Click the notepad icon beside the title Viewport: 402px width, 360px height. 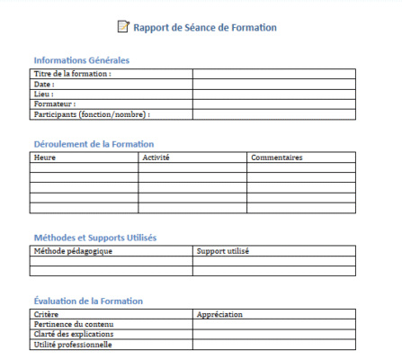[123, 27]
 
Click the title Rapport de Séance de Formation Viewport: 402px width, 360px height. [205, 28]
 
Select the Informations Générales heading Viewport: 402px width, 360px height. [82, 60]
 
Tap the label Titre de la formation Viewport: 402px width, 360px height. [72, 74]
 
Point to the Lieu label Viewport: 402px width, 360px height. [43, 94]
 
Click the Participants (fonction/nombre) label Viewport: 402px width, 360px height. [91, 114]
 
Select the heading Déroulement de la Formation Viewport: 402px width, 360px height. [94, 144]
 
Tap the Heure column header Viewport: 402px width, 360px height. [44, 157]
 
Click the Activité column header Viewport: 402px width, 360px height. [156, 157]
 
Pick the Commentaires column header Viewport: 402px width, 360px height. [276, 157]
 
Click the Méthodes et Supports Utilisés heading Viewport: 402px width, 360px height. [94, 238]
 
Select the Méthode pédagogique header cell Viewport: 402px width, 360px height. [73, 251]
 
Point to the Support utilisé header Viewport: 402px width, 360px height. [223, 251]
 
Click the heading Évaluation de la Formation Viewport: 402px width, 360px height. [88, 301]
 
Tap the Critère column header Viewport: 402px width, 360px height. [46, 314]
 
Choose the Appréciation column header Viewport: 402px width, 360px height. [220, 314]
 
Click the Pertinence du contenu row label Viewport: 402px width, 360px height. [75, 324]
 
